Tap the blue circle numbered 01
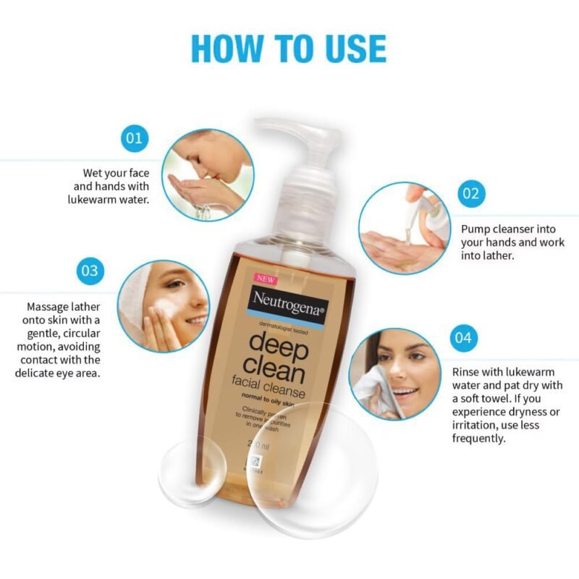click(x=134, y=138)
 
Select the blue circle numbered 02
click(x=471, y=193)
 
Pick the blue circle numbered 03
click(x=90, y=271)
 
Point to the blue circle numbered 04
click(x=464, y=337)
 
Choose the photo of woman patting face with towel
click(x=395, y=373)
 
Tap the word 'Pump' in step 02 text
click(x=476, y=229)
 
